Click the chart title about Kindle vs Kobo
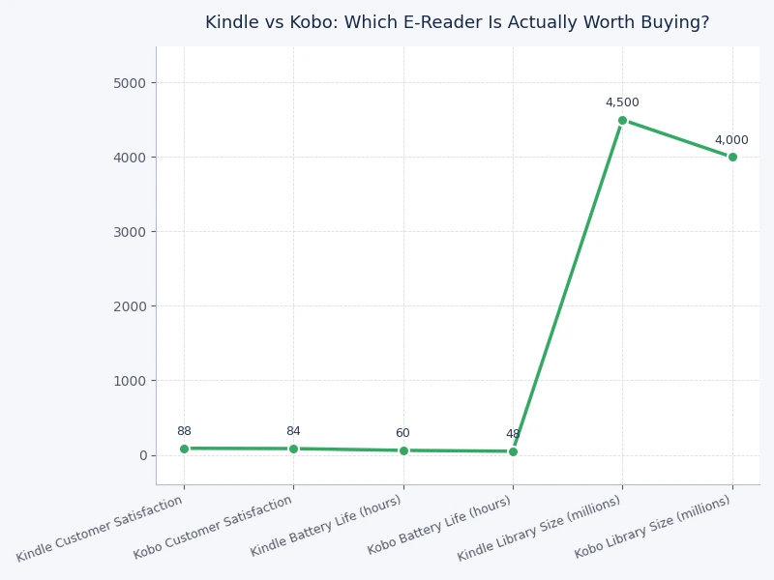coord(457,22)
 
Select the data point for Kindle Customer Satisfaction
coord(184,449)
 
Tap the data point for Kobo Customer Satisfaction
coord(293,449)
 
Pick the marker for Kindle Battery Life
coord(403,450)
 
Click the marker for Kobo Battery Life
coord(513,451)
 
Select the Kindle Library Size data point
coord(622,120)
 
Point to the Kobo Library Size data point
coord(732,157)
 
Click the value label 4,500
coord(622,102)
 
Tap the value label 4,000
coord(731,140)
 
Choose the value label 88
coord(184,431)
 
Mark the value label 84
coord(293,431)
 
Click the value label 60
coord(402,433)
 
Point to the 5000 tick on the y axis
coord(129,83)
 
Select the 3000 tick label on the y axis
coord(129,232)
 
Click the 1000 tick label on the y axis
coord(129,381)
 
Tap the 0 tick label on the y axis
coord(141,455)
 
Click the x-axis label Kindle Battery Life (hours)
coord(326,526)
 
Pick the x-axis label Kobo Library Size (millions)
coord(653,527)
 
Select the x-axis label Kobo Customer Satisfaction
coord(213,528)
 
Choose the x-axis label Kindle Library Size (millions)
coord(539,529)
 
